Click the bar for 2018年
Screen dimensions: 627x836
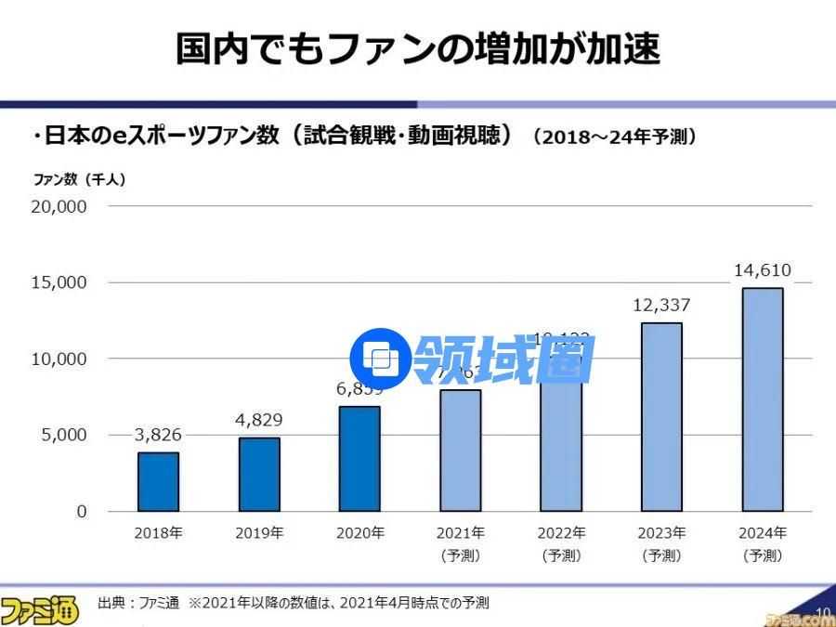(158, 481)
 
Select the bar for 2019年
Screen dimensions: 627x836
(259, 474)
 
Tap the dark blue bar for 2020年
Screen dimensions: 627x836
(359, 459)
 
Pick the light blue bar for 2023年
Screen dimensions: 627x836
(661, 417)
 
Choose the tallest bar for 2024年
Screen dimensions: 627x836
(763, 399)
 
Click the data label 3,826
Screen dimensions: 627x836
(158, 435)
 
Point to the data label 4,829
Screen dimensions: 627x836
(259, 420)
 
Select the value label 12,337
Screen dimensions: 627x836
(661, 305)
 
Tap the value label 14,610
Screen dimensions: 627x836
(763, 270)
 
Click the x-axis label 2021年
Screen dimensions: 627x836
(460, 533)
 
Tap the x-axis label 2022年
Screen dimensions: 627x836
(561, 533)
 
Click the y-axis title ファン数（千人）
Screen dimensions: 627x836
(79, 179)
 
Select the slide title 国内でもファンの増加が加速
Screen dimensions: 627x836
(418, 48)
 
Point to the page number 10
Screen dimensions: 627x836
(820, 611)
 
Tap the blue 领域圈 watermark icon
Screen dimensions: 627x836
(378, 359)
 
